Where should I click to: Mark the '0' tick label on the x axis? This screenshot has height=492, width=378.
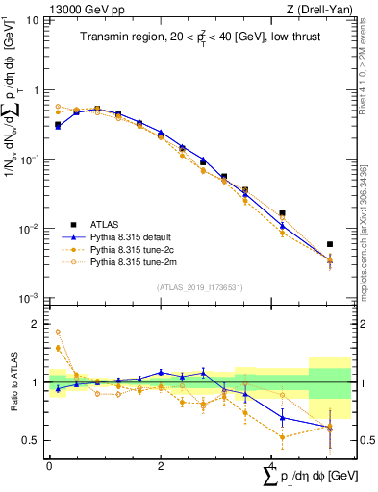49,466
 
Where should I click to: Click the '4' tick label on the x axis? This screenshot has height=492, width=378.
272,466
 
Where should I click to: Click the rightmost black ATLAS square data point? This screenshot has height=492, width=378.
330,244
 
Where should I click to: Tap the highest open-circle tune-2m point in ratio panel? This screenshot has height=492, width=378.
58,332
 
